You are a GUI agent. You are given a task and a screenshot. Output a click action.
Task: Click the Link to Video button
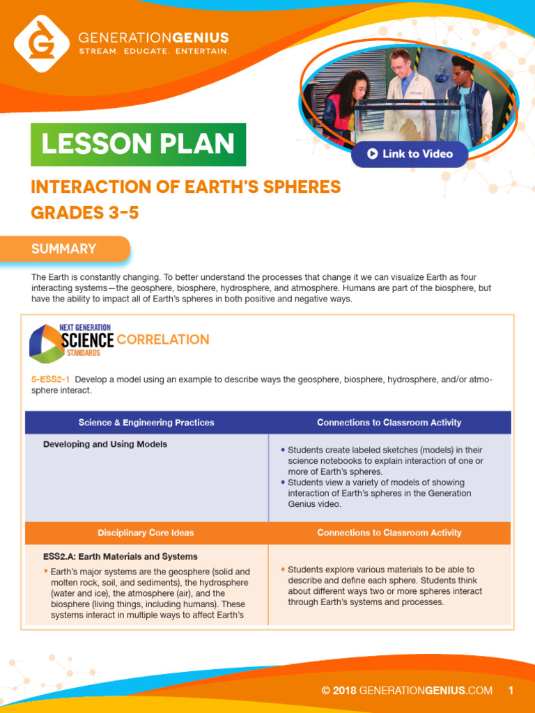pos(410,154)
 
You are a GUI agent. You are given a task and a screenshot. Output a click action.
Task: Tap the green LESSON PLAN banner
pos(138,145)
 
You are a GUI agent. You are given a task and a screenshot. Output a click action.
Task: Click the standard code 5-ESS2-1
pos(50,379)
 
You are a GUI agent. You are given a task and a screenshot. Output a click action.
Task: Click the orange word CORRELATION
pos(163,340)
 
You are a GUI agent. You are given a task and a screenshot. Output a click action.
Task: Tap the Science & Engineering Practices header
pos(146,423)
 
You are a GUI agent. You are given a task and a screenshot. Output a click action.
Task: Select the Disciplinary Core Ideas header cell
pos(146,533)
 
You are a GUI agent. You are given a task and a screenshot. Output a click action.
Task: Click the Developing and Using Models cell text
pos(105,444)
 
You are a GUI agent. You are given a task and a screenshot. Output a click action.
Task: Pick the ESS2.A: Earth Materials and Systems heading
pos(121,556)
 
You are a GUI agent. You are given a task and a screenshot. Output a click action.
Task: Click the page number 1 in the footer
pos(511,691)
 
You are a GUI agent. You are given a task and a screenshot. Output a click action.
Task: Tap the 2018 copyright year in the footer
pos(344,691)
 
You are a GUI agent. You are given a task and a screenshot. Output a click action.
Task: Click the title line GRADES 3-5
pos(85,213)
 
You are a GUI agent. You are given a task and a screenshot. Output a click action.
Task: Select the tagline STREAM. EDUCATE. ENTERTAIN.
pos(153,52)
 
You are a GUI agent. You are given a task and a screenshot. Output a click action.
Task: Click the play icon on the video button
pos(373,154)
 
